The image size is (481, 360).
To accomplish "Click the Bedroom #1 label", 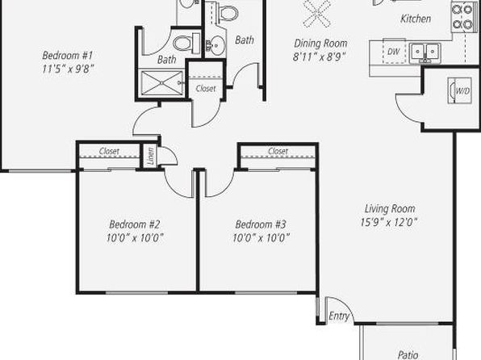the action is (68, 56).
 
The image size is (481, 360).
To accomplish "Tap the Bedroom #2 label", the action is (134, 224).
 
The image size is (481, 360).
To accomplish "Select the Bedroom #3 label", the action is (261, 224).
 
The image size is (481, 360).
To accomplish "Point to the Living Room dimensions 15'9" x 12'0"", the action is (389, 222).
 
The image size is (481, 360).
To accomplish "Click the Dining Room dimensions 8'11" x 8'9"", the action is (320, 57).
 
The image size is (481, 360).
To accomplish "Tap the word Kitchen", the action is (416, 19).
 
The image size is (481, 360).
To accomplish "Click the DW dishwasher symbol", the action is (394, 51).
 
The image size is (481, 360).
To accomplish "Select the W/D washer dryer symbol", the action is (459, 90).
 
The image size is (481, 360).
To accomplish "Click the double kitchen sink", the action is (425, 52).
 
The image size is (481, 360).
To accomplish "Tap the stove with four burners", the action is (462, 17).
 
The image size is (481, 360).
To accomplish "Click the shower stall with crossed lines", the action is (161, 82).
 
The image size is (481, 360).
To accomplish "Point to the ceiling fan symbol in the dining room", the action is (317, 14).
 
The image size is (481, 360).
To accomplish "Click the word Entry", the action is (339, 316).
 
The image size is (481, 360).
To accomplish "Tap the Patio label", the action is (408, 355).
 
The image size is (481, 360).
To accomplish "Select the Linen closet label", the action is (150, 156).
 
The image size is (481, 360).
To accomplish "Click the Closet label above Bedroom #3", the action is (278, 151).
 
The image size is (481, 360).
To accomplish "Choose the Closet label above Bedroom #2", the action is (109, 151).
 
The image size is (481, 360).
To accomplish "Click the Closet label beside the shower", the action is (206, 89).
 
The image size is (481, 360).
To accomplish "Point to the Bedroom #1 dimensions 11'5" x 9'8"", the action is (68, 69).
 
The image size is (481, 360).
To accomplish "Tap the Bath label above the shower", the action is (166, 59).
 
